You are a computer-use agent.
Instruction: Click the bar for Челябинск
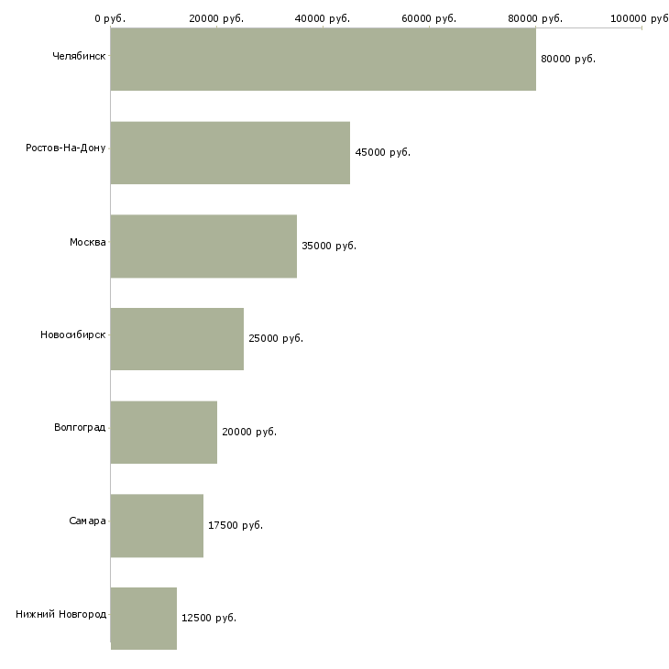(324, 59)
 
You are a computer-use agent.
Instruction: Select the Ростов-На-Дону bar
(230, 153)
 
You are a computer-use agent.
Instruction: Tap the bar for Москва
(204, 247)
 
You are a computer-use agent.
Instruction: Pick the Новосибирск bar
(177, 339)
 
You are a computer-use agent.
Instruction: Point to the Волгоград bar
(164, 433)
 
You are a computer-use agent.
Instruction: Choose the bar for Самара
(157, 526)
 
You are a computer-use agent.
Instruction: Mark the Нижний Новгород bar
(144, 619)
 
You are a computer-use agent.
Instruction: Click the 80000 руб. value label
(568, 59)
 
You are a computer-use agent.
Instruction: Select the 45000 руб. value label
(383, 152)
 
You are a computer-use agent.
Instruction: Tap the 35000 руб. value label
(329, 246)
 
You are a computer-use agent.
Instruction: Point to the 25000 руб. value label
(276, 338)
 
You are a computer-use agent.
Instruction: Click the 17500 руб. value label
(236, 525)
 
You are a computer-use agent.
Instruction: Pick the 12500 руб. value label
(209, 618)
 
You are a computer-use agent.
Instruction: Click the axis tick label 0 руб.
(110, 18)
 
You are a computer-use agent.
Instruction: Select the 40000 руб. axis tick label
(323, 18)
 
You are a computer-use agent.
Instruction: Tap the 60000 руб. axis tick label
(429, 18)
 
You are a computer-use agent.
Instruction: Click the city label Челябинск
(79, 56)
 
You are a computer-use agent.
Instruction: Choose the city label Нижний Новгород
(61, 614)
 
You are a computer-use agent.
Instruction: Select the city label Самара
(87, 521)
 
